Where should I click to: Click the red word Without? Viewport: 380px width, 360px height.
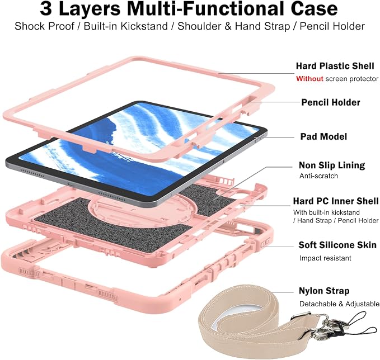click(309, 79)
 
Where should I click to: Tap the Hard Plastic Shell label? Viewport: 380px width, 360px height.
click(335, 66)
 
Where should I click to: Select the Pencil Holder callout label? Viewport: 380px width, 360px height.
click(331, 102)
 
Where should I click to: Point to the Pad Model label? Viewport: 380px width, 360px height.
click(323, 136)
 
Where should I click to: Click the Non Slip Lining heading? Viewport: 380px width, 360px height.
click(332, 165)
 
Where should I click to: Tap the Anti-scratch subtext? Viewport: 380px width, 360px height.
click(318, 176)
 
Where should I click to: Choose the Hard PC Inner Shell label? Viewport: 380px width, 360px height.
click(336, 201)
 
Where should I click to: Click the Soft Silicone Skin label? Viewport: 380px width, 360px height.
click(337, 245)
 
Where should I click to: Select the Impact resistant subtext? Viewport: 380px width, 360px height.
click(325, 258)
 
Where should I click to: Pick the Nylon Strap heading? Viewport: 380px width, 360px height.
click(324, 291)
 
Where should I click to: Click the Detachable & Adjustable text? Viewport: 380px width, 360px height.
click(339, 304)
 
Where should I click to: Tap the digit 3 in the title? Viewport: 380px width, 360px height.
click(46, 9)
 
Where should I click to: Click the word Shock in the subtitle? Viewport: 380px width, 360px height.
click(29, 26)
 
